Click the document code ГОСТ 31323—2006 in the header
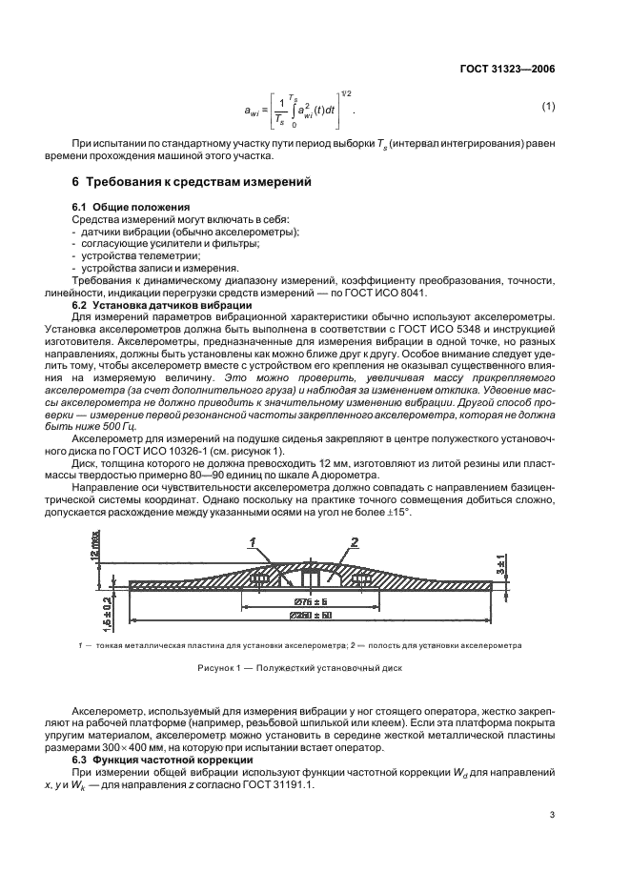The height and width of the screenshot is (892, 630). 503,69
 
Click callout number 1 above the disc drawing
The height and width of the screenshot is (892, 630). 252,541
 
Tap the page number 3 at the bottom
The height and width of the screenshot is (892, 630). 552,814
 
